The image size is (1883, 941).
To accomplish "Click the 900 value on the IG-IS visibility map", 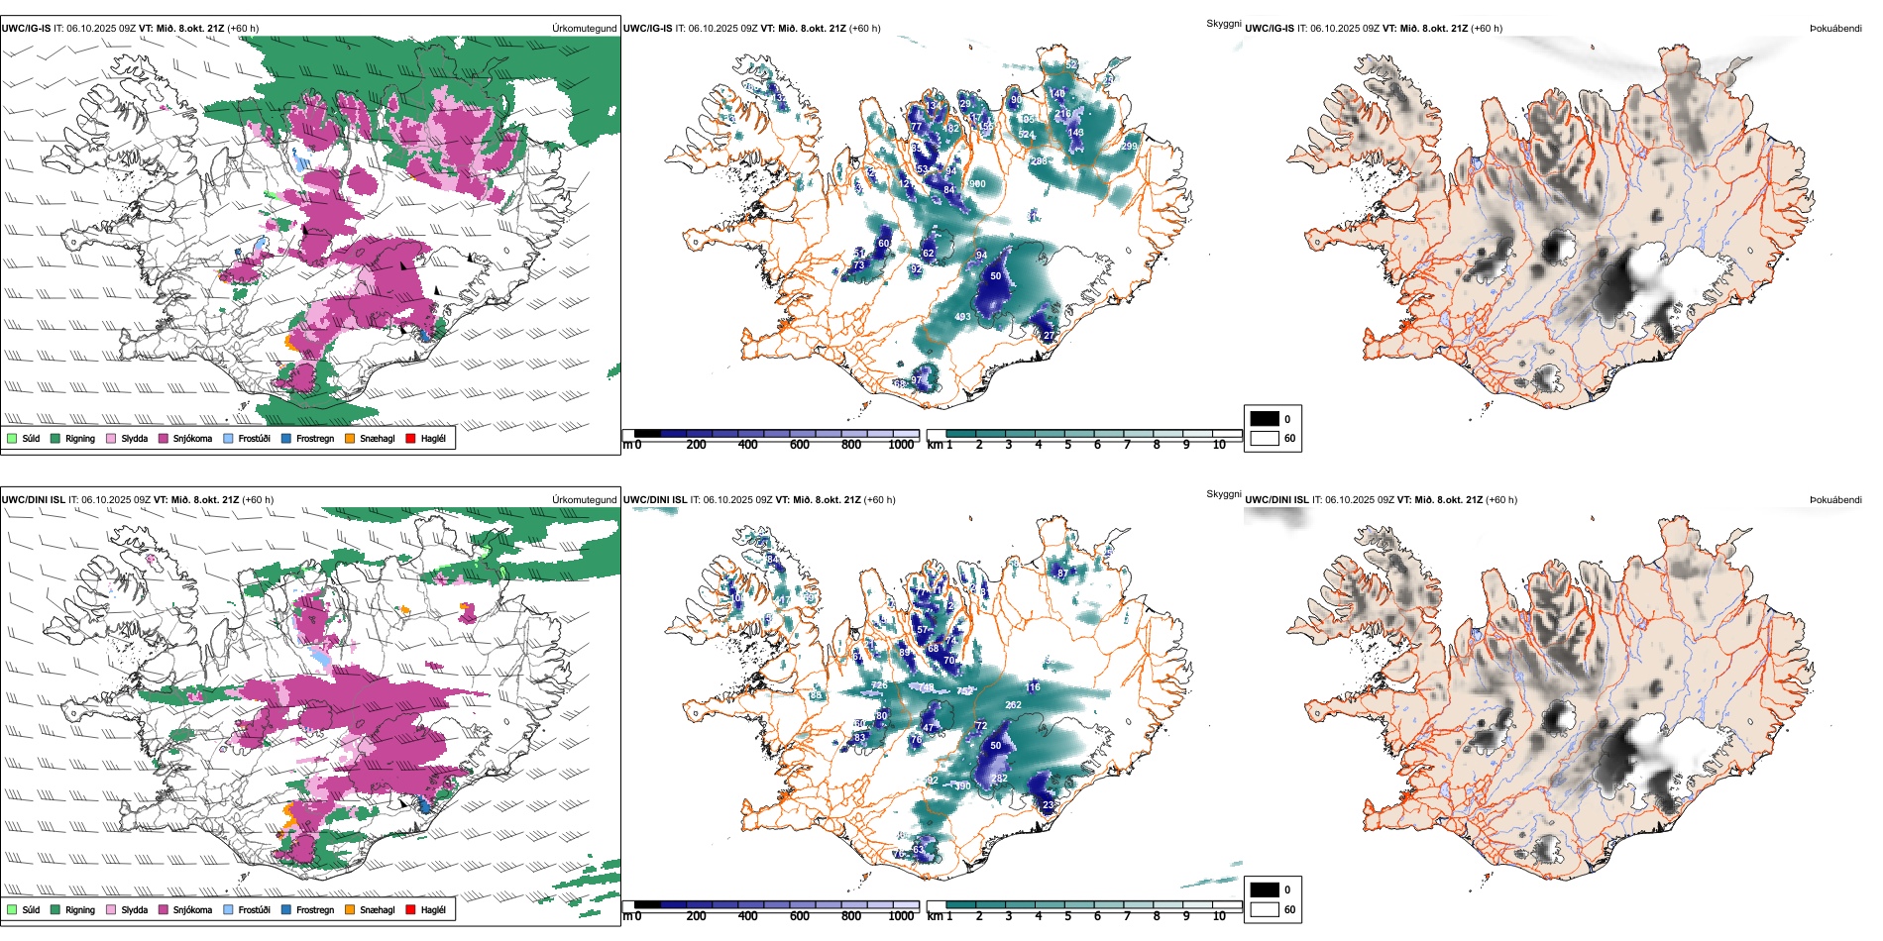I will pyautogui.click(x=977, y=184).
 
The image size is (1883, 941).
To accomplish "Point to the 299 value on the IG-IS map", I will pyautogui.click(x=1129, y=147).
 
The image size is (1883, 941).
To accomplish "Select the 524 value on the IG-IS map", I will pyautogui.click(x=1027, y=135).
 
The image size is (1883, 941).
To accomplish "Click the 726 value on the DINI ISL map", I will pyautogui.click(x=879, y=685).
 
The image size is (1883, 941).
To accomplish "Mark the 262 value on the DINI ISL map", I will pyautogui.click(x=1013, y=705).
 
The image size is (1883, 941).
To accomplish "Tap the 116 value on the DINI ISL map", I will pyautogui.click(x=1034, y=686).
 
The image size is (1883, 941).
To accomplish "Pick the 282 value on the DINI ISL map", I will pyautogui.click(x=999, y=779).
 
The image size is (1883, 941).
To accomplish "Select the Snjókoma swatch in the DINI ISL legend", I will pyautogui.click(x=163, y=909).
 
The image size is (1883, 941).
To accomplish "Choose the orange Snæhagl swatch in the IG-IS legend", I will pyautogui.click(x=350, y=438).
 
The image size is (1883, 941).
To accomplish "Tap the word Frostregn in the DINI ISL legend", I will pyautogui.click(x=314, y=910).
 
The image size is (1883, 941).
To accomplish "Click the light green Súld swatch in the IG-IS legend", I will pyautogui.click(x=11, y=438).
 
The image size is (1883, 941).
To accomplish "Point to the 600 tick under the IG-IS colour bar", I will pyautogui.click(x=799, y=445).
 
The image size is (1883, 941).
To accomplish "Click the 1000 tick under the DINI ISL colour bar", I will pyautogui.click(x=901, y=916).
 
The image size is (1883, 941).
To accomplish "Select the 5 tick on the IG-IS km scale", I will pyautogui.click(x=1067, y=445).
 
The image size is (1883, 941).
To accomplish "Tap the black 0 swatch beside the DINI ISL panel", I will pyautogui.click(x=1265, y=889).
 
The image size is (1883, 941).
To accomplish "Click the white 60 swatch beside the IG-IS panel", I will pyautogui.click(x=1265, y=438).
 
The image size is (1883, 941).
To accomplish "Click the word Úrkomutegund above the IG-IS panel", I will pyautogui.click(x=584, y=29).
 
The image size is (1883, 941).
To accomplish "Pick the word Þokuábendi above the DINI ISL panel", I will pyautogui.click(x=1835, y=500).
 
